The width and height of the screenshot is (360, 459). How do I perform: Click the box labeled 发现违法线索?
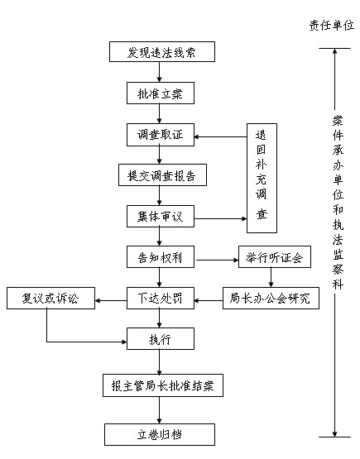pyautogui.click(x=162, y=52)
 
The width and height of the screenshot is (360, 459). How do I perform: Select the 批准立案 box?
pyautogui.click(x=161, y=93)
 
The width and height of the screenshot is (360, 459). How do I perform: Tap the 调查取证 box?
pyautogui.click(x=161, y=135)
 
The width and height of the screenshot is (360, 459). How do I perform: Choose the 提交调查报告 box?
pyautogui.click(x=162, y=175)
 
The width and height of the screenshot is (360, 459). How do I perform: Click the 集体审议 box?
pyautogui.click(x=161, y=217)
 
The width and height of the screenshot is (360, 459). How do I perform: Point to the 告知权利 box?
pyautogui.click(x=161, y=256)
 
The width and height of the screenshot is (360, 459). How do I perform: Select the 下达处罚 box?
pyautogui.click(x=161, y=298)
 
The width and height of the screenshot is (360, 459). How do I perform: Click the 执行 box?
pyautogui.click(x=161, y=339)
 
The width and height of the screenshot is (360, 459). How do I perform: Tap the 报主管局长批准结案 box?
pyautogui.click(x=163, y=385)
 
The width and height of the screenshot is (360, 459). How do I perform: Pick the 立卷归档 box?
pyautogui.click(x=160, y=435)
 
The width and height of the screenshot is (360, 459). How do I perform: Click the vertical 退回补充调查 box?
pyautogui.click(x=262, y=179)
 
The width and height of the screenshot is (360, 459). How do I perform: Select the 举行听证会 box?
pyautogui.click(x=275, y=256)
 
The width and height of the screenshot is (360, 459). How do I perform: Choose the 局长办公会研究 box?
pyautogui.click(x=271, y=298)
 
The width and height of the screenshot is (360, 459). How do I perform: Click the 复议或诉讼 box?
pyautogui.click(x=51, y=298)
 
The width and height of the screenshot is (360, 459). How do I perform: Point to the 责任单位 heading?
pyautogui.click(x=332, y=26)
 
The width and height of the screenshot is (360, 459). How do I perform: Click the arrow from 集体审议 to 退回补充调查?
pyautogui.click(x=221, y=218)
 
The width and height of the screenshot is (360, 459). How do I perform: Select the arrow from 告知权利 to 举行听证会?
pyautogui.click(x=218, y=260)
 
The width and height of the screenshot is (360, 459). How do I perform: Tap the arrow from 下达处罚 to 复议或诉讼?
pyautogui.click(x=111, y=300)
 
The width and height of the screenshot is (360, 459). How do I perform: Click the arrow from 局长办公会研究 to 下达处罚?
pyautogui.click(x=209, y=300)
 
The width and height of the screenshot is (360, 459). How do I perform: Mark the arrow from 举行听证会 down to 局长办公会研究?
pyautogui.click(x=271, y=277)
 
